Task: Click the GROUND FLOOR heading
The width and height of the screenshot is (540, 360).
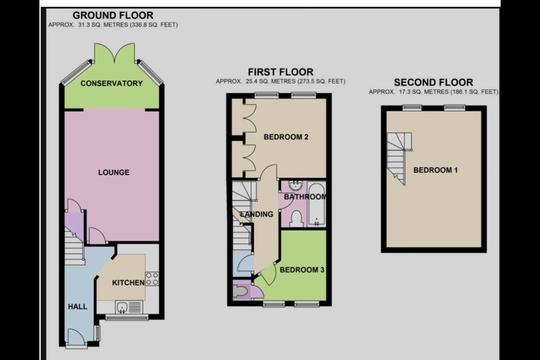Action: click(x=113, y=15)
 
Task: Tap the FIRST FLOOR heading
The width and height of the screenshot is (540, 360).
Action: click(x=280, y=72)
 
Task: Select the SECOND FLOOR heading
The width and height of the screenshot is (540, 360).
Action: click(x=433, y=82)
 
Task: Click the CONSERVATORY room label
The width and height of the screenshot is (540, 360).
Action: click(x=111, y=83)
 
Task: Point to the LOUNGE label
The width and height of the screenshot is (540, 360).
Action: click(x=114, y=172)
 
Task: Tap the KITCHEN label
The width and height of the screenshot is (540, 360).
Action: click(x=128, y=283)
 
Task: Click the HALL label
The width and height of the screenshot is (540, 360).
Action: click(x=78, y=307)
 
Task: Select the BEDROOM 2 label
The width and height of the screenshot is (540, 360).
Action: click(x=286, y=137)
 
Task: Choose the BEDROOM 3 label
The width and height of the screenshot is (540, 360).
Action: click(x=302, y=270)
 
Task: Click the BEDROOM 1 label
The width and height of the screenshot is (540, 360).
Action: click(x=435, y=170)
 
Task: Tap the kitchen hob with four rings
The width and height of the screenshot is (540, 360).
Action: click(x=152, y=279)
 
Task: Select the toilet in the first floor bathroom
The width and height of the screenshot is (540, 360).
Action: click(x=297, y=219)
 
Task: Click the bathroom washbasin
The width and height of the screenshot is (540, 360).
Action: click(x=296, y=185)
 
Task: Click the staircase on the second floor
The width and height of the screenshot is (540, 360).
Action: click(x=397, y=157)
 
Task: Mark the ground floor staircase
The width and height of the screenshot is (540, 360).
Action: click(x=74, y=247)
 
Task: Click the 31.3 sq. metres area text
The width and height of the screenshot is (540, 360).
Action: click(x=113, y=25)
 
